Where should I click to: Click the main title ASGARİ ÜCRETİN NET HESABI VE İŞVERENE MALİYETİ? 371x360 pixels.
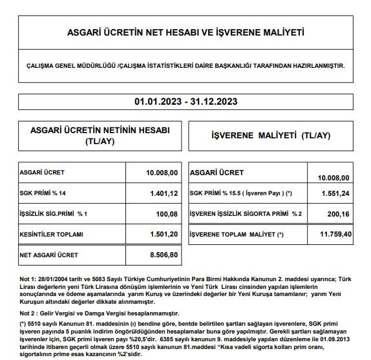point(185,32)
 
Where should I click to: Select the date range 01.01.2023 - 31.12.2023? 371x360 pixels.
point(185,102)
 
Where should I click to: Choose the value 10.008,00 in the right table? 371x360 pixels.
point(334,178)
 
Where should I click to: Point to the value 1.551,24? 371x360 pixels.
point(335,193)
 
